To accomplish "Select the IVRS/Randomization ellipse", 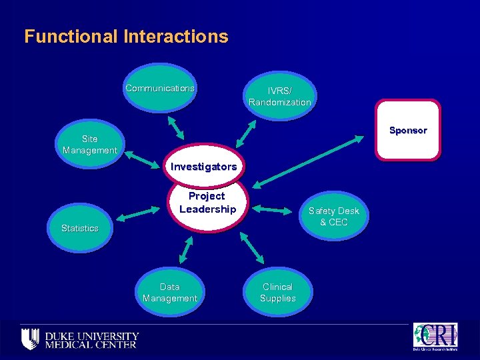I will [279, 96].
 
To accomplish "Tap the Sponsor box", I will [408, 130].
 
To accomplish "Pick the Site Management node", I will [90, 144].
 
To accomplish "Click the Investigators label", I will [203, 166].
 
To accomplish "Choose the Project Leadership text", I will [207, 203].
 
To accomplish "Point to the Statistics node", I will [80, 228].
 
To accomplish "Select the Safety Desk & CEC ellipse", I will [333, 216].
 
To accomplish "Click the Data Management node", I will [170, 292].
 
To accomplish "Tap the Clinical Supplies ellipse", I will [278, 292].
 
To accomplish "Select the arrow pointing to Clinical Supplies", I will [251, 247].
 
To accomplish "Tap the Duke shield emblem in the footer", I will [30, 337].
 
